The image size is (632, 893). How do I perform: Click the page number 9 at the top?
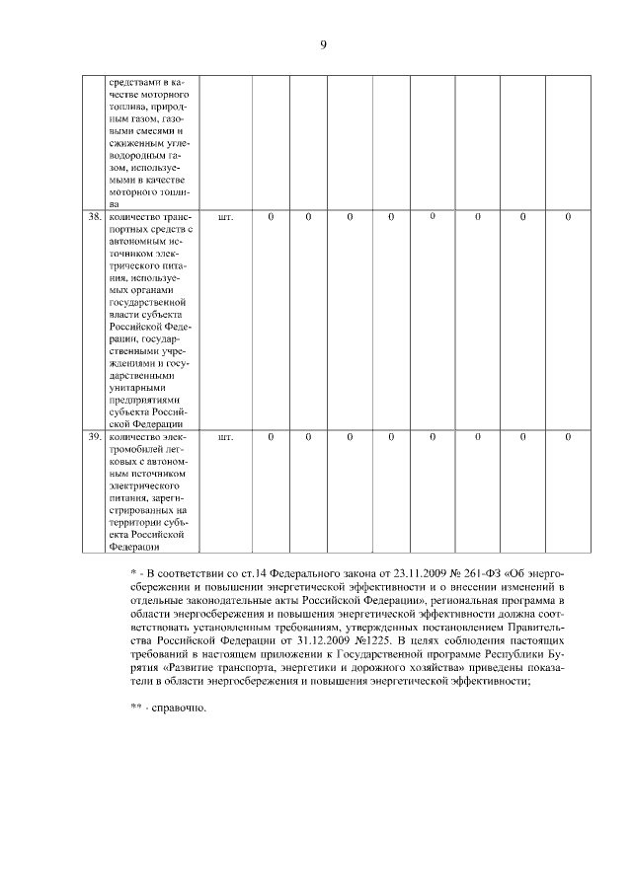[322, 45]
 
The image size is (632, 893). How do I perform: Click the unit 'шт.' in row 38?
[224, 216]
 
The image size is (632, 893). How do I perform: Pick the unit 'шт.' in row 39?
[224, 435]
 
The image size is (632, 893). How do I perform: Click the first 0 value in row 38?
[272, 216]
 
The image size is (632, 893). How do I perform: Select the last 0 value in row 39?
[568, 435]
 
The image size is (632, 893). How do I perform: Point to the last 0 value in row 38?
[568, 216]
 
